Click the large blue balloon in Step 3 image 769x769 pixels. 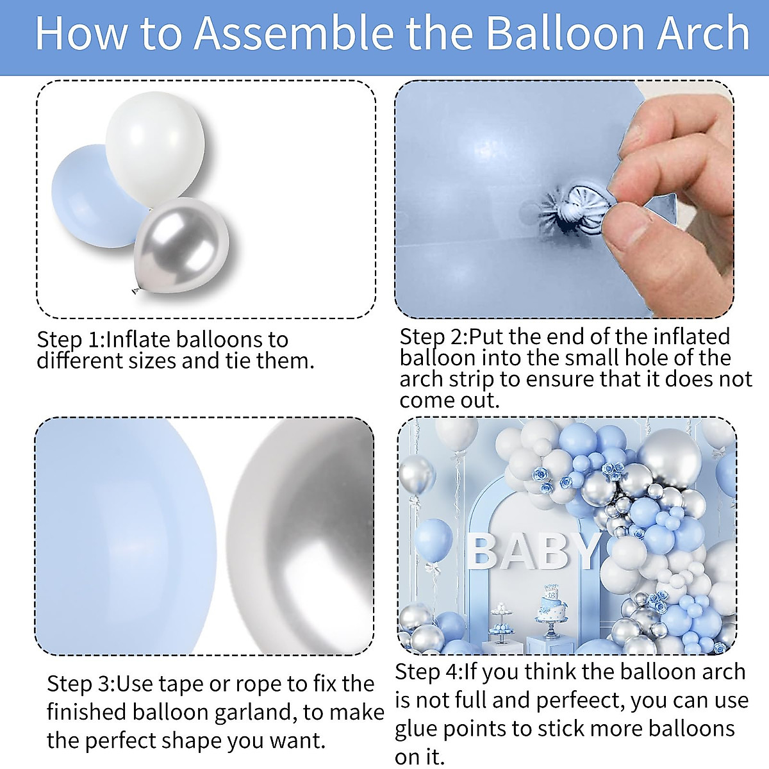click(x=125, y=535)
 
